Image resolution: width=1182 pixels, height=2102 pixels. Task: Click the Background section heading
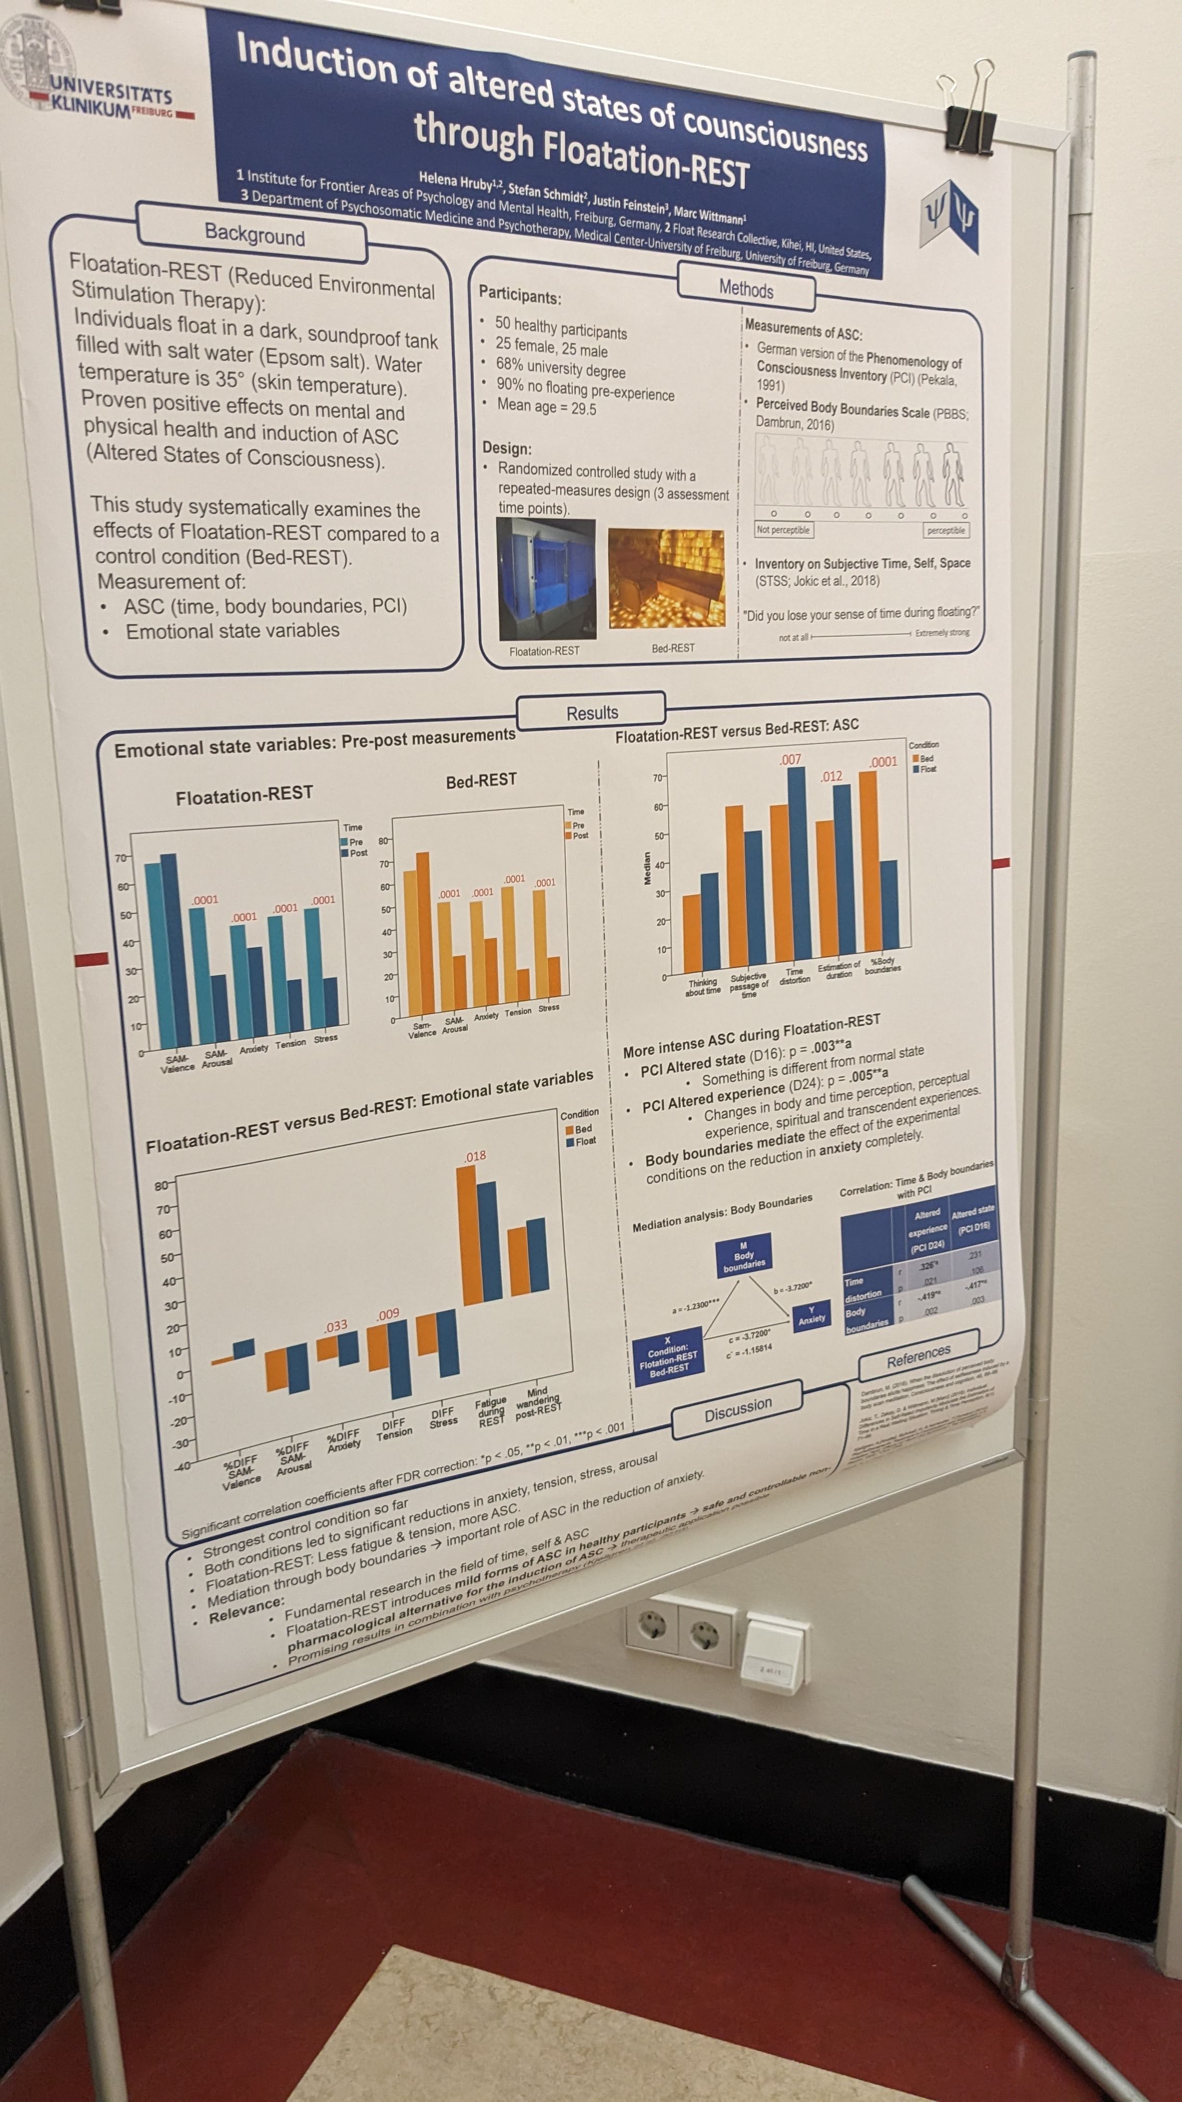[254, 235]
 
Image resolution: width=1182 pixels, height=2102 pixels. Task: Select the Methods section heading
[746, 290]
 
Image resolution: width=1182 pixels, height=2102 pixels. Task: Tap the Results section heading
[592, 712]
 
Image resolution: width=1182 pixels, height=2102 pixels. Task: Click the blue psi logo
[949, 215]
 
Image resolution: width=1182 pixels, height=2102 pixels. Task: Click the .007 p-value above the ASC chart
[790, 760]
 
